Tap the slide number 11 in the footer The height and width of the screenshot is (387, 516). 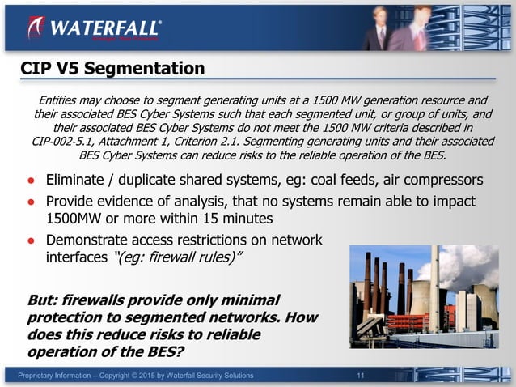[362, 376]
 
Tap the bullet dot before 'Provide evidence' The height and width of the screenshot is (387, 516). [29, 201]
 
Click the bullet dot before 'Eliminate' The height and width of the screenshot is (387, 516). [29, 180]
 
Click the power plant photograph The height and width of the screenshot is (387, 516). [424, 296]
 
